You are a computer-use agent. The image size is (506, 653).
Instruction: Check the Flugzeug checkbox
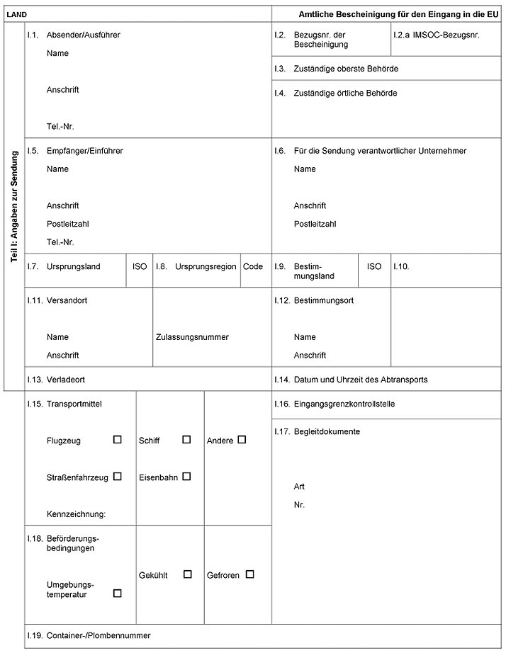tap(118, 440)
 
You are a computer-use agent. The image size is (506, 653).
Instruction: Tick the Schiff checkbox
tap(186, 440)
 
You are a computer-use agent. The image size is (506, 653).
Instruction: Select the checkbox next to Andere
tap(242, 440)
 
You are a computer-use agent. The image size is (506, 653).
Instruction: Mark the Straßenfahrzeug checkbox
tap(118, 477)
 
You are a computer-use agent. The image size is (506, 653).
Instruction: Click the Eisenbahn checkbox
tap(186, 477)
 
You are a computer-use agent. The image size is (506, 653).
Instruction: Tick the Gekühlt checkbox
tap(188, 574)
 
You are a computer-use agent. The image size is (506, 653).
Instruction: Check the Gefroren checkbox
tap(249, 574)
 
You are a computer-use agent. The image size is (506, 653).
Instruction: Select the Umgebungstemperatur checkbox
tap(118, 594)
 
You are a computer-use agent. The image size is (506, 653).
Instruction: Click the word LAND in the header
tap(16, 14)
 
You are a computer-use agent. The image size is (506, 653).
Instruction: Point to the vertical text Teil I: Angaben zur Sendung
tap(15, 208)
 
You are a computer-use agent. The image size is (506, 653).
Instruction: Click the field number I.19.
tap(34, 636)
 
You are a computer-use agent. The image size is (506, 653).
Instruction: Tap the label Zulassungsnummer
tap(192, 337)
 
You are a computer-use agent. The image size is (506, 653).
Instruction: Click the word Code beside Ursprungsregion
tap(253, 267)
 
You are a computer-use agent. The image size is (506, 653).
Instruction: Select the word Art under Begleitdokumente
tap(300, 487)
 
